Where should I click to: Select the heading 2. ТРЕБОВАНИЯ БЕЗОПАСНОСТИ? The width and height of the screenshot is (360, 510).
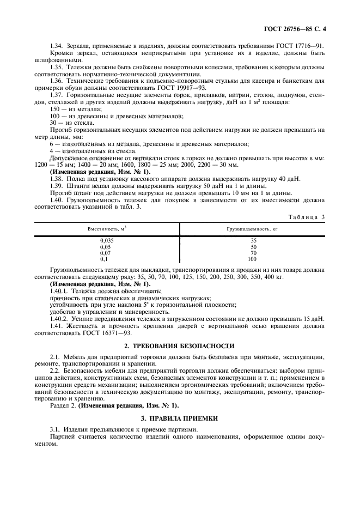coord(179,346)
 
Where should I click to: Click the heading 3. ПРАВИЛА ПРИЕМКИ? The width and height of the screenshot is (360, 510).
coord(179,418)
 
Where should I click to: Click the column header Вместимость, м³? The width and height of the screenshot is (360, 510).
coord(107,229)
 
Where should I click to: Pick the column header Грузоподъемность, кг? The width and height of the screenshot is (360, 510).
coord(252,229)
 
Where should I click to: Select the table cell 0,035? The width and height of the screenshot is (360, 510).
coord(107,240)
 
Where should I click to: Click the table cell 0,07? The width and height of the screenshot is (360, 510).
coord(107,253)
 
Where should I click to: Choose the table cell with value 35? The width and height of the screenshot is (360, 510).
coord(253,240)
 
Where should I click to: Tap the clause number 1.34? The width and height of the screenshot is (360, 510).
coord(56,46)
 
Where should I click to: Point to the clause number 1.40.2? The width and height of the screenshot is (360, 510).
coord(59,318)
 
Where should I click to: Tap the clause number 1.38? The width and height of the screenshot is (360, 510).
coord(56,179)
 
